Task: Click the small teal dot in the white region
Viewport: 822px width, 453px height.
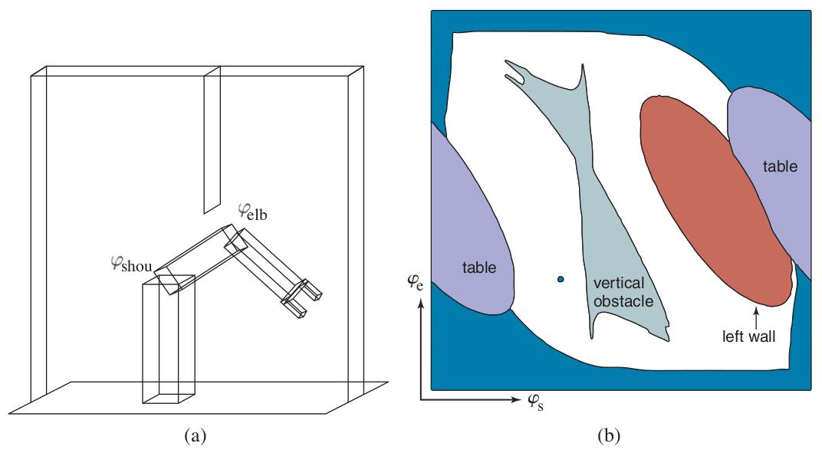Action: [x=561, y=280]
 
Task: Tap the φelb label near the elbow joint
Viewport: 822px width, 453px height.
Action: [x=252, y=212]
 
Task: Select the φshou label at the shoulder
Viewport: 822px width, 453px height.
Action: [x=131, y=264]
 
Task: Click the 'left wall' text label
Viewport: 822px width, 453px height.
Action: [x=748, y=336]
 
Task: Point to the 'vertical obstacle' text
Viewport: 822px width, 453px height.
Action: [x=623, y=292]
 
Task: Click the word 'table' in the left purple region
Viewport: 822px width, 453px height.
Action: [x=478, y=268]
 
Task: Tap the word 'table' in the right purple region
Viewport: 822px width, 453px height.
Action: [x=780, y=166]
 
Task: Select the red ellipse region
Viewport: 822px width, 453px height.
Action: [x=716, y=200]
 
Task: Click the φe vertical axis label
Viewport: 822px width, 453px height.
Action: [x=415, y=283]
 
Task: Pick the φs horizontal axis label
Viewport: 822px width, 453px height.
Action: [x=535, y=402]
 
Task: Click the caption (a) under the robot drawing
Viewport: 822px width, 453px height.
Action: [x=195, y=435]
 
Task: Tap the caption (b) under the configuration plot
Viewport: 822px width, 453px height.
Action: [x=608, y=435]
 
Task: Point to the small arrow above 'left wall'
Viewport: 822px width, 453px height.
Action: [x=755, y=317]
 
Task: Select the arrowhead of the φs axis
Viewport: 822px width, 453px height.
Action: [x=515, y=399]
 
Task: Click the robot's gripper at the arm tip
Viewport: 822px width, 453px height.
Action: [x=302, y=299]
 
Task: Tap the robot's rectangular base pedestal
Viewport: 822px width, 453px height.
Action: [x=168, y=339]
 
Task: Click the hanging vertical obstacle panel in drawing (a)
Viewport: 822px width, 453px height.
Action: [x=212, y=140]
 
